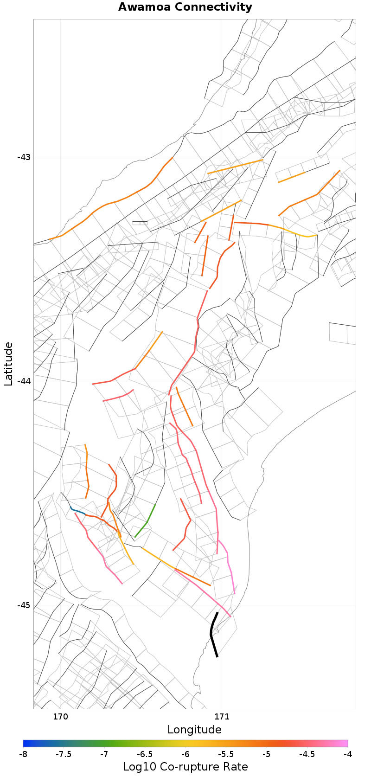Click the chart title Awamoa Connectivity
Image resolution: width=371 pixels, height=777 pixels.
tap(185, 7)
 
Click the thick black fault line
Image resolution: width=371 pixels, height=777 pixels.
tap(211, 633)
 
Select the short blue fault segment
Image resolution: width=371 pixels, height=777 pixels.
tap(78, 511)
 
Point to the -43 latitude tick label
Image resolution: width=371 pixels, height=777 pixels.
tap(24, 157)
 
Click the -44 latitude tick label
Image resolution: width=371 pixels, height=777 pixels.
tap(24, 381)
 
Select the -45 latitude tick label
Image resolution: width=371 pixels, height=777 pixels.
tap(24, 605)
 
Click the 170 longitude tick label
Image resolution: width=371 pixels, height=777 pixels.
tap(60, 716)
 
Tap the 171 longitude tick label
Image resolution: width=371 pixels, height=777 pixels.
tap(222, 716)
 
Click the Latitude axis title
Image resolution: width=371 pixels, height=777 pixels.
tap(8, 364)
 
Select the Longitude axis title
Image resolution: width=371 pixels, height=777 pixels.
tap(194, 730)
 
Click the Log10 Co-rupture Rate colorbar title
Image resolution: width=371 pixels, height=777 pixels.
tap(185, 767)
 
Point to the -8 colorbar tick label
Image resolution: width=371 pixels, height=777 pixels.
tap(23, 754)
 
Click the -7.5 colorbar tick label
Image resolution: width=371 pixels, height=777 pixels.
tap(64, 754)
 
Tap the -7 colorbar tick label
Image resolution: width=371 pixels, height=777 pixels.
tap(104, 754)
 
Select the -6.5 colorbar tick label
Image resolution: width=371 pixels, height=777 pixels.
tap(145, 754)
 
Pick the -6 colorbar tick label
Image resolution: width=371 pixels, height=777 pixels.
tap(185, 754)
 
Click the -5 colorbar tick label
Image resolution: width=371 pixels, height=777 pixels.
tap(267, 754)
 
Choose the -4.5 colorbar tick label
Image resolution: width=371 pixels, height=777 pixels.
tap(307, 754)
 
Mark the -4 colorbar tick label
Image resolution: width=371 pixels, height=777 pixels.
tap(347, 754)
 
